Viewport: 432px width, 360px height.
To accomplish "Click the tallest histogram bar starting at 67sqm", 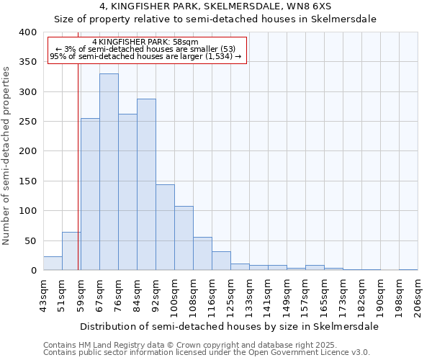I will (x=109, y=172).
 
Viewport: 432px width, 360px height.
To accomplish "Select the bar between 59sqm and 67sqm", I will (x=90, y=194).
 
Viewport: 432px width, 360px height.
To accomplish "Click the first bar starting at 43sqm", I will (x=53, y=264).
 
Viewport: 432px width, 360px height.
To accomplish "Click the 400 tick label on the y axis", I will (x=27, y=32).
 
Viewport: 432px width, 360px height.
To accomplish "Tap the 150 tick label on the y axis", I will (x=27, y=181).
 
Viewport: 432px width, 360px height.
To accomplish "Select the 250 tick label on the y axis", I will (x=27, y=122).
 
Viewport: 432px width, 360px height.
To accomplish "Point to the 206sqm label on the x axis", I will (x=418, y=295).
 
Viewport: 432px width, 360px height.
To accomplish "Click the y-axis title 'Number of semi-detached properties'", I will (x=7, y=155).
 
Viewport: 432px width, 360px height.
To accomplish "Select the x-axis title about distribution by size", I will (x=229, y=326).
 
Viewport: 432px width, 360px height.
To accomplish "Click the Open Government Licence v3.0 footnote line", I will (x=207, y=353).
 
